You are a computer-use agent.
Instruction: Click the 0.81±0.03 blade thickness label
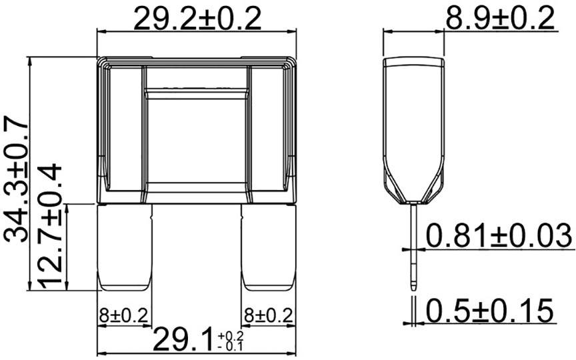499,236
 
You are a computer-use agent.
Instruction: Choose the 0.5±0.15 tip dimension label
490,311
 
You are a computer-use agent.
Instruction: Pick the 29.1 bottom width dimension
183,340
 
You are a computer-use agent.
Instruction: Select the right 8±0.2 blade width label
268,314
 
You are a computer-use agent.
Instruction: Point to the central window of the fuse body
197,140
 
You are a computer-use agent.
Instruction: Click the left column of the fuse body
126,133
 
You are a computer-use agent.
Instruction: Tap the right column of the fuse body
268,133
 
